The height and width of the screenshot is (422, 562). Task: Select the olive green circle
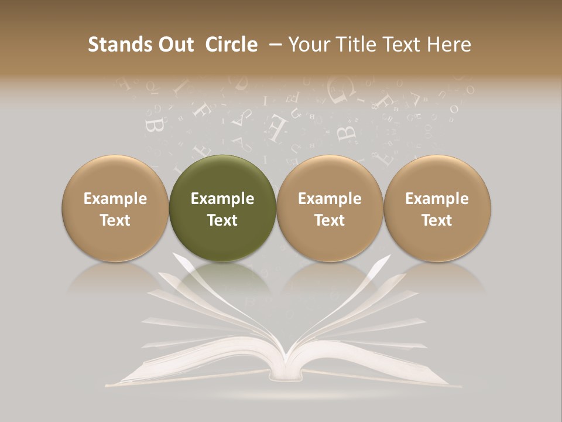(x=222, y=209)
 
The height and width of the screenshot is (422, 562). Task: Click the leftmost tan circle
(x=115, y=209)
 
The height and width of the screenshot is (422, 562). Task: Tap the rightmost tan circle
(x=437, y=209)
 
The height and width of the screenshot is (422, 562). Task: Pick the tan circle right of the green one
(x=330, y=209)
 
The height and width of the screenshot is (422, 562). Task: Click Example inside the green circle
(x=222, y=199)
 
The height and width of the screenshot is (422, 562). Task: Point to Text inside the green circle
(x=222, y=220)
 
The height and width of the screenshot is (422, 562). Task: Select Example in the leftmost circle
(x=115, y=199)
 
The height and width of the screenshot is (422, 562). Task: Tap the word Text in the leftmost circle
(x=115, y=220)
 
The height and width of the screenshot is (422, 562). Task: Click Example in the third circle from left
(x=330, y=199)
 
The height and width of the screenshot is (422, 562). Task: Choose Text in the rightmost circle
(x=437, y=220)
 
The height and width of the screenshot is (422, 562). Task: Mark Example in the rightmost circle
(x=437, y=199)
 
